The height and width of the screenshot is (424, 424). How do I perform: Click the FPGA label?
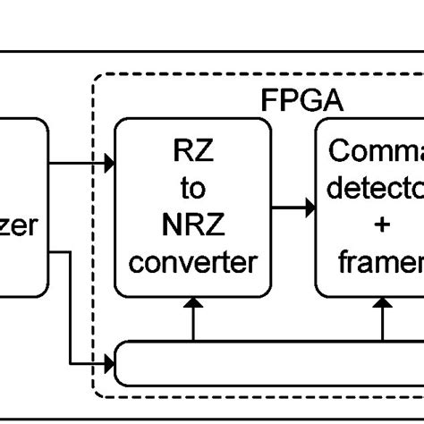point(295,99)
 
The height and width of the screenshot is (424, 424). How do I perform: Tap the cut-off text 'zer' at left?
point(18,225)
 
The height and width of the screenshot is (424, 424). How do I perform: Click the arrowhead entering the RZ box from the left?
point(109,164)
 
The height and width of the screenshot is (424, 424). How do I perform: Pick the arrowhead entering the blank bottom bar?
point(109,363)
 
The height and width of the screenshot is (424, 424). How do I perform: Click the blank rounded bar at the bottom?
point(268,363)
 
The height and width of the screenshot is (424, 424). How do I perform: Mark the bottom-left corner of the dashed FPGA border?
point(95,395)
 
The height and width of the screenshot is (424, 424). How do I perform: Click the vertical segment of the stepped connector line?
point(71,308)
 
